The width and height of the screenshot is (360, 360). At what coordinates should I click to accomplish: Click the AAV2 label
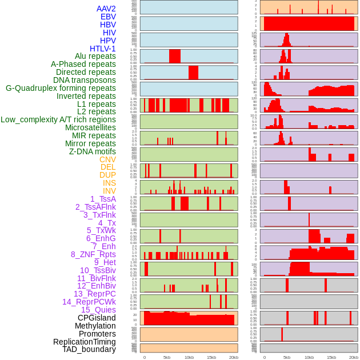click(106, 9)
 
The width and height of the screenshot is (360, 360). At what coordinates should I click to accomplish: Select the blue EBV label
click(108, 17)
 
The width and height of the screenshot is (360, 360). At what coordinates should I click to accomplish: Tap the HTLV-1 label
click(102, 49)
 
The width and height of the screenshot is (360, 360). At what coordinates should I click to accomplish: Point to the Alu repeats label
click(95, 56)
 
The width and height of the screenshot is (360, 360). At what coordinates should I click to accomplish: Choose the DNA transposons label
click(85, 80)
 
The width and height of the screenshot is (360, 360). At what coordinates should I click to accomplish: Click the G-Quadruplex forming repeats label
click(61, 88)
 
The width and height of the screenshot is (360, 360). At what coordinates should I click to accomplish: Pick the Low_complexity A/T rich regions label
click(58, 119)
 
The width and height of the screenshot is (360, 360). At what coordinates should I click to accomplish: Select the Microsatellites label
click(90, 127)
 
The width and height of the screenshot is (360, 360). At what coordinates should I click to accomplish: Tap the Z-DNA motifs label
click(92, 151)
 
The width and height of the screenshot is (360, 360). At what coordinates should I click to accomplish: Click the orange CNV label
click(107, 159)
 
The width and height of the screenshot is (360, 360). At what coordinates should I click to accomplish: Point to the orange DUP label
click(107, 175)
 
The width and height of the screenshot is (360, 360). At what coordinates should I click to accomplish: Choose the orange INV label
click(109, 191)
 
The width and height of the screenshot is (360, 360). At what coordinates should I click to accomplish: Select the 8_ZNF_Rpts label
click(93, 254)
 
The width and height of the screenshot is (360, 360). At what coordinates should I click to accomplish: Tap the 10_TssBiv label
click(98, 270)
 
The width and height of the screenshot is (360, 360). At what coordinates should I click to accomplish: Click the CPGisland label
click(97, 318)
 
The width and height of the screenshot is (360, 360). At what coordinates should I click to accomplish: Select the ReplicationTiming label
click(84, 342)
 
